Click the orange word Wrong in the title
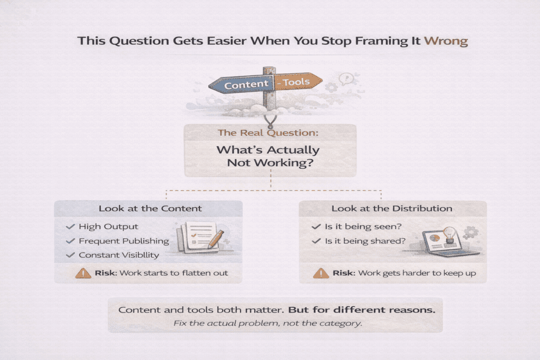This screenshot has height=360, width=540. pos(446,41)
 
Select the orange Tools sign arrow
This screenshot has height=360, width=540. pos(296,82)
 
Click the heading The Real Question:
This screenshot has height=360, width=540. pos(270,133)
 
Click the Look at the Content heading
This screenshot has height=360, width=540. pos(150,208)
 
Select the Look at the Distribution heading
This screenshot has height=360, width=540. pos(392,208)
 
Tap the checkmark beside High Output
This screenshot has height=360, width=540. pos(70,227)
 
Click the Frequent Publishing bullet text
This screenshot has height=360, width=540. pos(123,241)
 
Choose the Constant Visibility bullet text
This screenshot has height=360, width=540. pos(119,255)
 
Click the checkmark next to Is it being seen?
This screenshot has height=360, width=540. pos(316,227)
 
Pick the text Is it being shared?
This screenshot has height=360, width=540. pos(365,241)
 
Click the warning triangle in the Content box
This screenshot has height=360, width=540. pos(83,273)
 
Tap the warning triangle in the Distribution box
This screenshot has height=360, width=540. pos(321,273)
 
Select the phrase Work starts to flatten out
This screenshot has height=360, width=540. pos(174,273)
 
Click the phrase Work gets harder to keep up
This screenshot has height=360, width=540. pos(414,273)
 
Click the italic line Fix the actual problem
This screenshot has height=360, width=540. pos(267,323)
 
